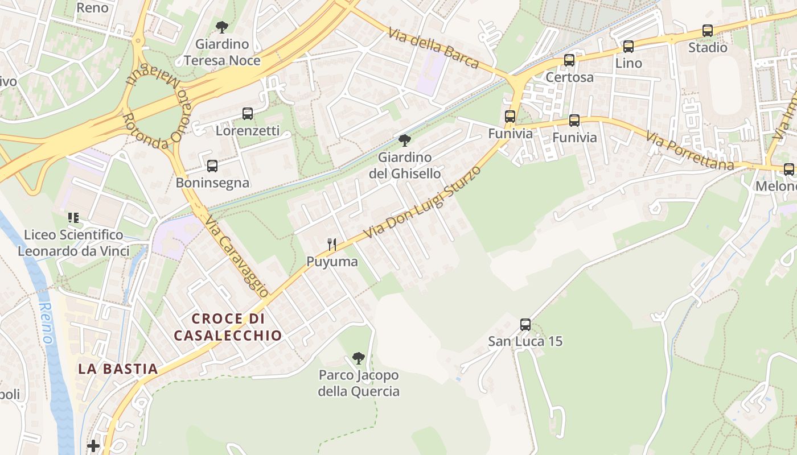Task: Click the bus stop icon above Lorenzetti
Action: coord(248,113)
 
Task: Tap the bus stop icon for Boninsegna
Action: coord(212,166)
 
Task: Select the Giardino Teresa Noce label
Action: coord(222,52)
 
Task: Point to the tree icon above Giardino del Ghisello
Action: coord(405,140)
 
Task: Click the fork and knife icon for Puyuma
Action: coord(332,245)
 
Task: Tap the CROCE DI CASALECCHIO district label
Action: coord(228,327)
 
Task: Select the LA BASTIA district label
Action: coord(118,369)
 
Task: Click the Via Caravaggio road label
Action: coord(236,257)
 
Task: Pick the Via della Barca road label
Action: coord(433,48)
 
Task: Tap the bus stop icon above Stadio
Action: coord(708,31)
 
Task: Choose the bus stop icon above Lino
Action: coord(628,47)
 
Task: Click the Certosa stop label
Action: coord(569,77)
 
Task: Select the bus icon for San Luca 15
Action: coord(525,325)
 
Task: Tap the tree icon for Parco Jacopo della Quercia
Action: coord(358,358)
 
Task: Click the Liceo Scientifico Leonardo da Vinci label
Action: coord(73,243)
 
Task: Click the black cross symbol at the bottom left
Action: coord(93,446)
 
